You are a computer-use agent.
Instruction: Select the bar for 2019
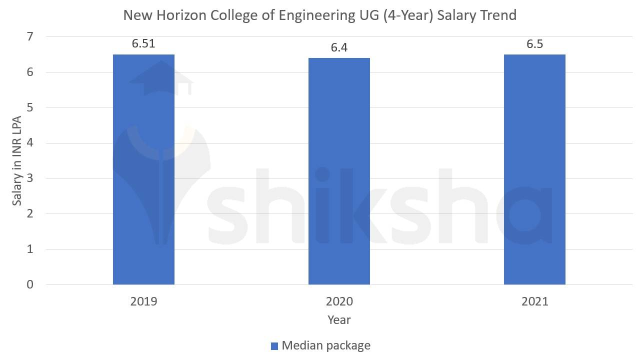[x=143, y=170]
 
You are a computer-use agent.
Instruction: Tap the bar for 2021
[x=534, y=170]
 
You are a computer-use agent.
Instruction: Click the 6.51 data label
[x=143, y=43]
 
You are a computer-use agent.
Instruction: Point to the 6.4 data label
[x=339, y=47]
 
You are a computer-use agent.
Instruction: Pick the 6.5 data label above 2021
[x=534, y=44]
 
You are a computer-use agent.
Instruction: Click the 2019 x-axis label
[x=143, y=301]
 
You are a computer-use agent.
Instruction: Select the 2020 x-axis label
[x=339, y=301]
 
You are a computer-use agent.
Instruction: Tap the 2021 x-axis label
[x=534, y=301]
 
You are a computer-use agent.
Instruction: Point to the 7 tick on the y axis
[x=30, y=37]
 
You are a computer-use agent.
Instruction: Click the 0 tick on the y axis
[x=30, y=284]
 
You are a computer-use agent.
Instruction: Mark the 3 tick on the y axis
[x=30, y=178]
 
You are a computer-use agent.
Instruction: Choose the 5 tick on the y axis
[x=30, y=107]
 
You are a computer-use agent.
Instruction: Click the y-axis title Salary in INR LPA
[x=17, y=160]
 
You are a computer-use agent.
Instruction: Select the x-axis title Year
[x=339, y=320]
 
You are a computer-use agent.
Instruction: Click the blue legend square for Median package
[x=274, y=346]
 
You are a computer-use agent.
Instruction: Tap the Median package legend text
[x=326, y=345]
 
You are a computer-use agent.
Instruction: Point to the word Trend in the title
[x=497, y=15]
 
